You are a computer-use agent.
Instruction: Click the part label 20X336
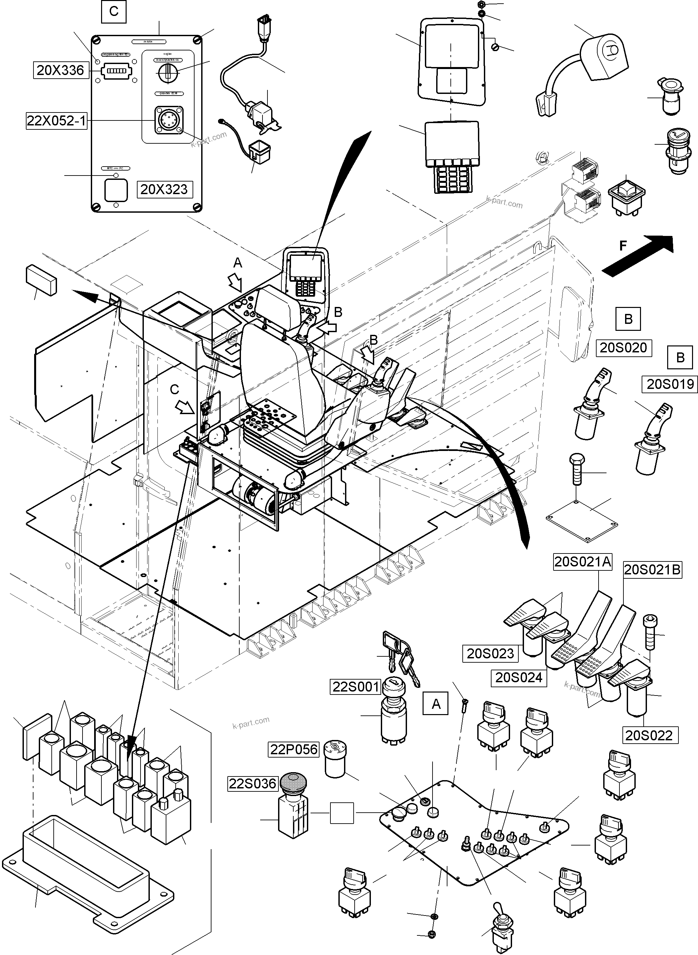(60, 70)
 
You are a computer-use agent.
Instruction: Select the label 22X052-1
(56, 121)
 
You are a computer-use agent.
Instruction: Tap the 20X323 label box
(164, 189)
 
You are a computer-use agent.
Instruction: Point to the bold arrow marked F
(638, 255)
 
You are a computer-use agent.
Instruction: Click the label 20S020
(623, 348)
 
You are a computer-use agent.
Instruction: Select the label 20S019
(670, 384)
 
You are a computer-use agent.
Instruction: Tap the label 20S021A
(583, 562)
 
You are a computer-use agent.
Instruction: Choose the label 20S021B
(652, 570)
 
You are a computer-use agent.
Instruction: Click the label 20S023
(490, 653)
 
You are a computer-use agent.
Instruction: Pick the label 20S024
(518, 678)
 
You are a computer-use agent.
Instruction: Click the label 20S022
(649, 735)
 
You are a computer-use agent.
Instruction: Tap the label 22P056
(294, 750)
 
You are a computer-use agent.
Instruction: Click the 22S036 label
(252, 784)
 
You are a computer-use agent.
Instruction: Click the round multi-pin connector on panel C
(168, 120)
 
